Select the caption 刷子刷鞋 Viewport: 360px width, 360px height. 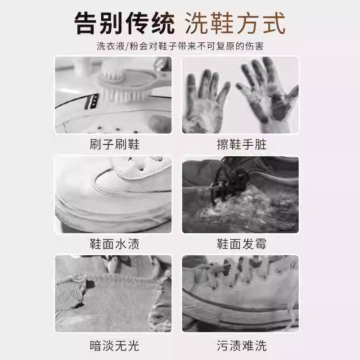[x=115, y=144]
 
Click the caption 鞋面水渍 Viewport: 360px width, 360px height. [x=115, y=244]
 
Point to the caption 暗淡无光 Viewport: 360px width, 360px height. [x=115, y=346]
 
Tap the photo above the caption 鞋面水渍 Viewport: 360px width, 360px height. [x=113, y=194]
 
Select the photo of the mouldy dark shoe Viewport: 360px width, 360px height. [x=240, y=194]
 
